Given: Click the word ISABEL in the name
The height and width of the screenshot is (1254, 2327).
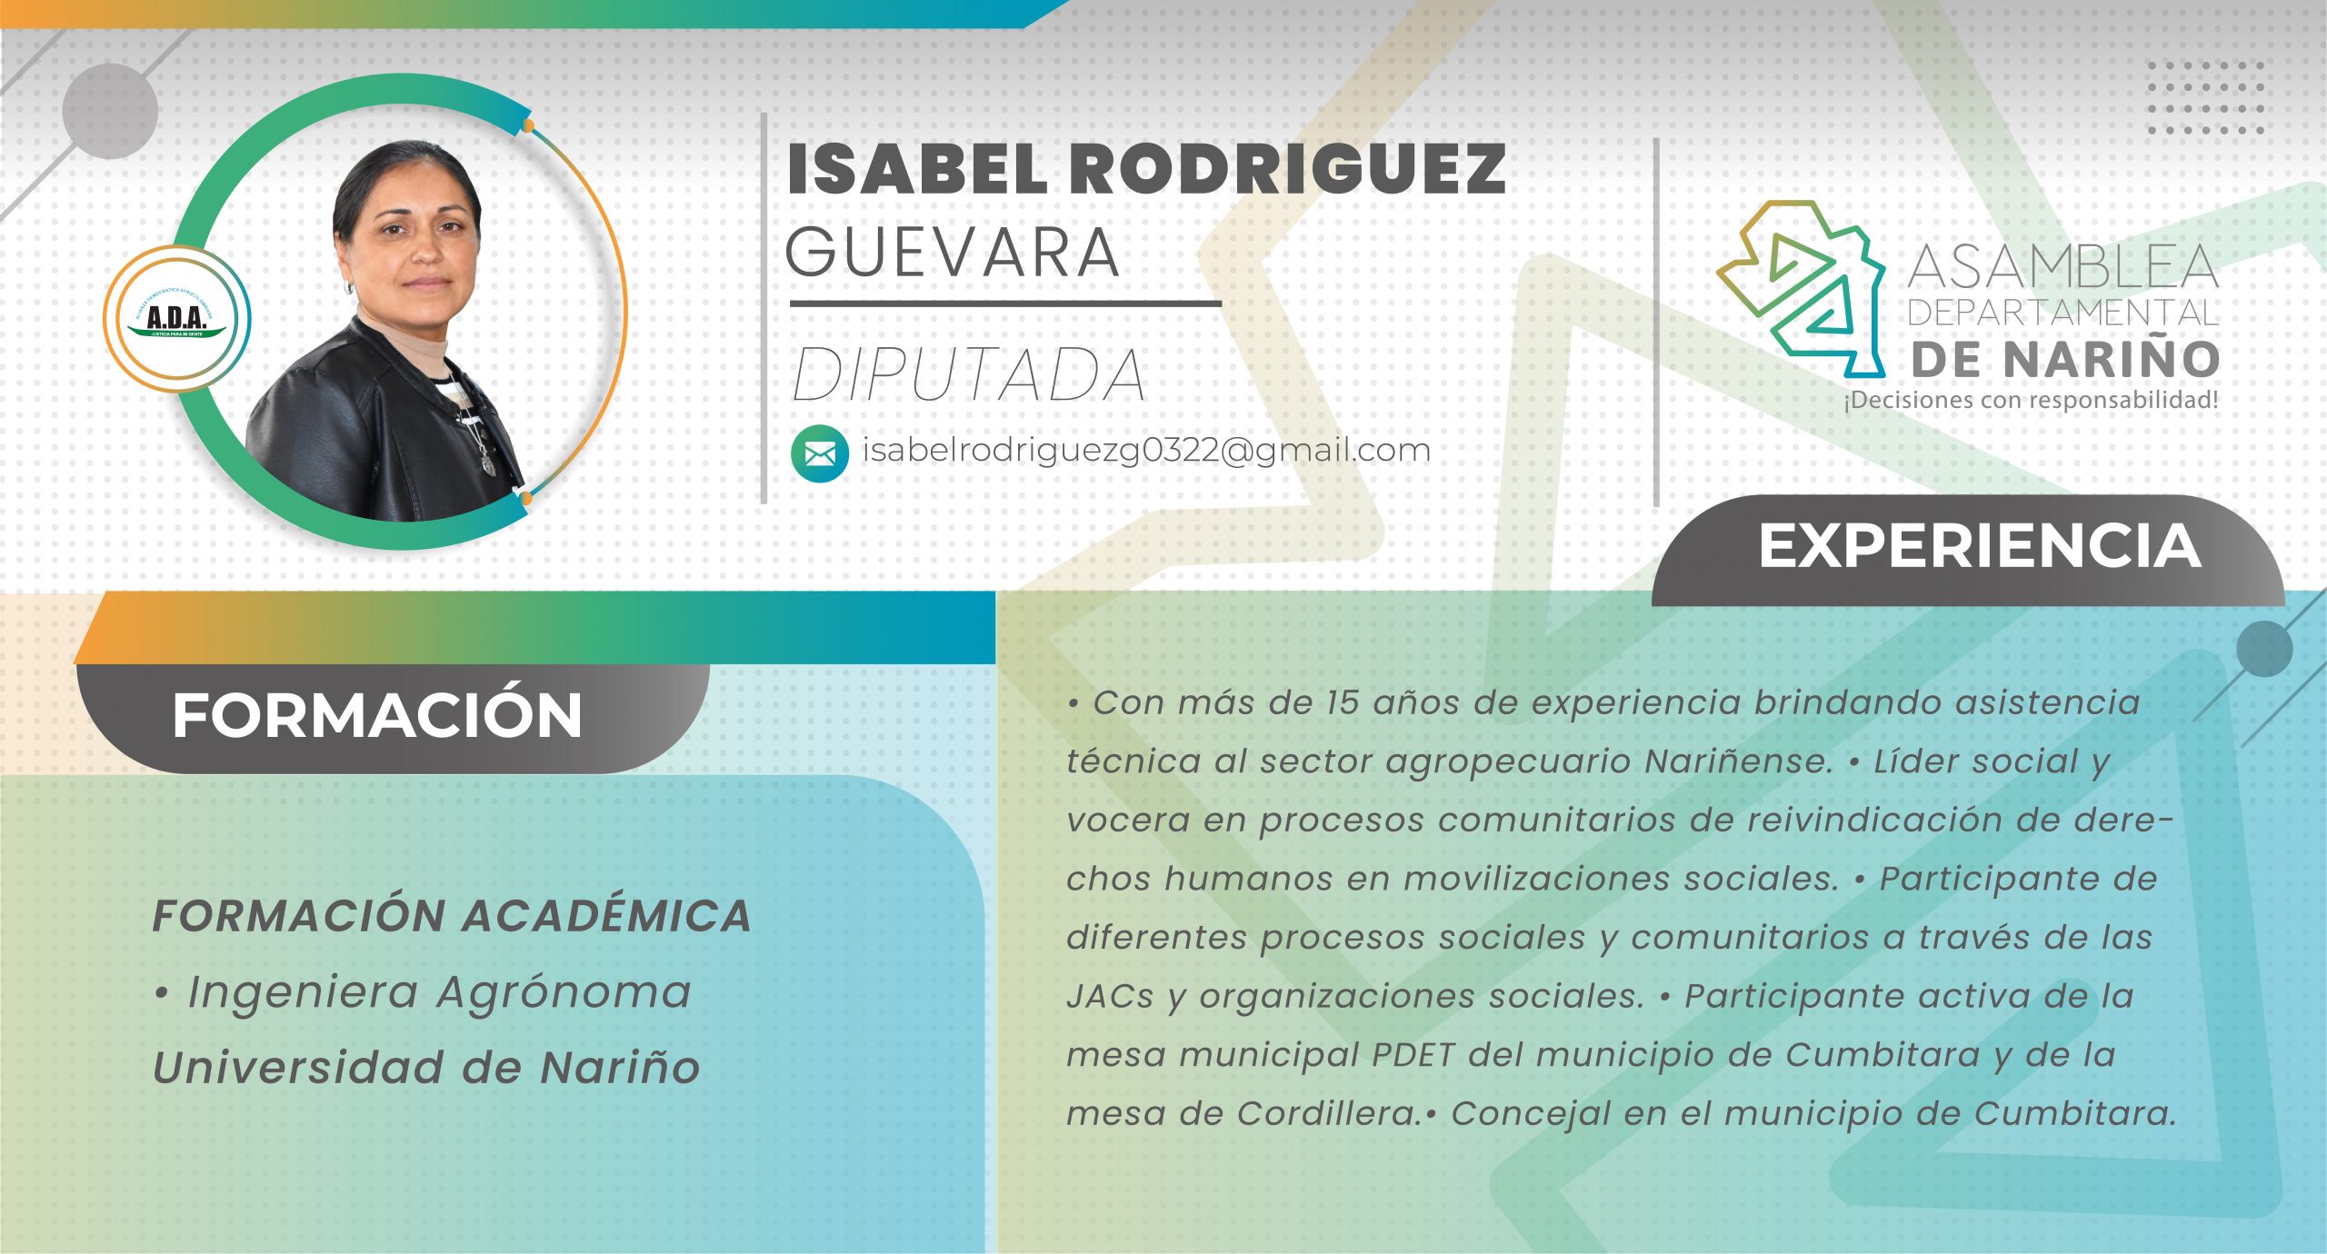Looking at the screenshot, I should pyautogui.click(x=918, y=170).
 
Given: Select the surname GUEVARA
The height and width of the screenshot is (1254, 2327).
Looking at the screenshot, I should pyautogui.click(x=953, y=253).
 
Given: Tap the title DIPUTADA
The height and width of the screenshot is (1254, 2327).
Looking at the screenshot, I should pyautogui.click(x=969, y=374).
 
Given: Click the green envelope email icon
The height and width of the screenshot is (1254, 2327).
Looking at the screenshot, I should pyautogui.click(x=820, y=453).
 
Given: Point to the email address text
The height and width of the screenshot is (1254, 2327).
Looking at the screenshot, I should pyautogui.click(x=1146, y=451).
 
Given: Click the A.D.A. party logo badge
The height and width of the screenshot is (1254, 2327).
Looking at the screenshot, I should pyautogui.click(x=177, y=319).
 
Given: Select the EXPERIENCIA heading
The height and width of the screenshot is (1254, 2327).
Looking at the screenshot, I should pyautogui.click(x=1979, y=547).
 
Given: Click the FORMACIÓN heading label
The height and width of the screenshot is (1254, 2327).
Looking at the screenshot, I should pyautogui.click(x=377, y=716).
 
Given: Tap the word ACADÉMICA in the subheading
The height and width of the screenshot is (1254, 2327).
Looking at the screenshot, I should pyautogui.click(x=607, y=916).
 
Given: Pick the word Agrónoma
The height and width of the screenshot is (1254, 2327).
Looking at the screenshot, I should pyautogui.click(x=564, y=991).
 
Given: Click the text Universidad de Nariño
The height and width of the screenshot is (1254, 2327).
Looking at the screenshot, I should pyautogui.click(x=426, y=1067).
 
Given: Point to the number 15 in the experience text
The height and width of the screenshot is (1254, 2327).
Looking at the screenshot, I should pyautogui.click(x=1342, y=702).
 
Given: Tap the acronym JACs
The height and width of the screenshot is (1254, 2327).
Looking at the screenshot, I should pyautogui.click(x=1110, y=997).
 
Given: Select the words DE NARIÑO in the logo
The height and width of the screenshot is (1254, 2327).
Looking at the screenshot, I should pyautogui.click(x=2064, y=360).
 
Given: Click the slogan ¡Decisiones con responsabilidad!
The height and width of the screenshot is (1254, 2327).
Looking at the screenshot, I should pyautogui.click(x=2031, y=400).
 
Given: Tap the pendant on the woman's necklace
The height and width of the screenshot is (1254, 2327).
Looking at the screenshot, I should pyautogui.click(x=488, y=463).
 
